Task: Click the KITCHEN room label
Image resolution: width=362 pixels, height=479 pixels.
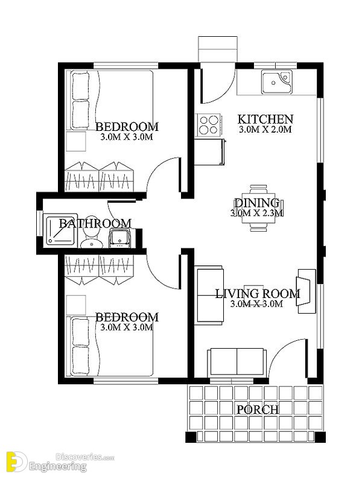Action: coord(265,119)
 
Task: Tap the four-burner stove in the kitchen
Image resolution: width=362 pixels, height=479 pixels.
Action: coord(209,125)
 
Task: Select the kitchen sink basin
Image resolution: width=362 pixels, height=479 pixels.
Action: coord(276,82)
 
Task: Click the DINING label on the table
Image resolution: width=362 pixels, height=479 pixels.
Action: coord(256,203)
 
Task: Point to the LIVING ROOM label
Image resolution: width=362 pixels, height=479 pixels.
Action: coord(258,294)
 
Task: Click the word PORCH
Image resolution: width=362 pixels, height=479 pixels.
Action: coord(258,410)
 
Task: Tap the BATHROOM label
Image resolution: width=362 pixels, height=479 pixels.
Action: coord(95,223)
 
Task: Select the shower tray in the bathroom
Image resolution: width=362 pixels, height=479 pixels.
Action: coord(60,230)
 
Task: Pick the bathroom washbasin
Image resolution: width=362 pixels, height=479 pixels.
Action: coord(120,238)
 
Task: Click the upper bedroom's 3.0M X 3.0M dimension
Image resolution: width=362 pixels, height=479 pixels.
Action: coord(127,136)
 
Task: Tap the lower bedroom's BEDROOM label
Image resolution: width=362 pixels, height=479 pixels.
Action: coord(127,317)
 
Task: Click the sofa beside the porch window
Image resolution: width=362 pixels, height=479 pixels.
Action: coord(236,362)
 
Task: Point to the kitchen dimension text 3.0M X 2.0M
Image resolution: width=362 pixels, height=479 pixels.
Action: coord(265,129)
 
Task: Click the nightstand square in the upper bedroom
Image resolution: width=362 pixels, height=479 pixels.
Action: coord(76,141)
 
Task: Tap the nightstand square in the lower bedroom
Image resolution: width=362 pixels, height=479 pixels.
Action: coord(76,305)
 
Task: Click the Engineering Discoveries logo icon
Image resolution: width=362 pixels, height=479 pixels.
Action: coord(14,462)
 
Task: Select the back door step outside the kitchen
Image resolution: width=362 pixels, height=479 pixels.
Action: coord(218,49)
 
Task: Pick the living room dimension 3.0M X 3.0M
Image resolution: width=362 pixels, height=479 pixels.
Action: coord(256,304)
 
